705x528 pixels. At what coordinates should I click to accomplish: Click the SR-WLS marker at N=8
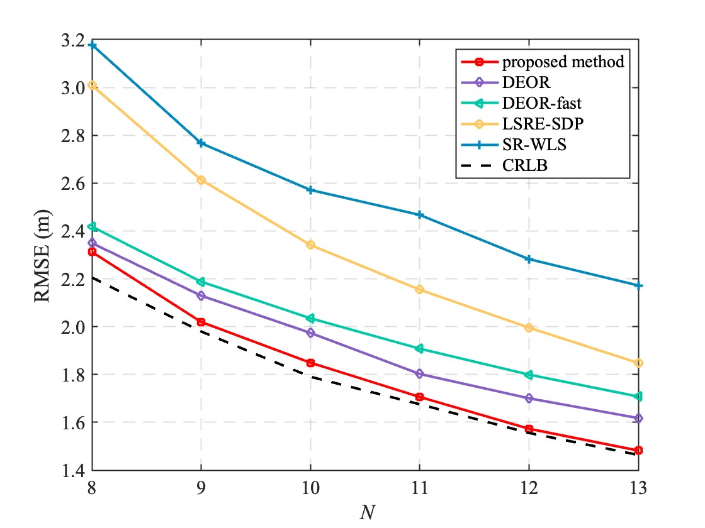point(93,45)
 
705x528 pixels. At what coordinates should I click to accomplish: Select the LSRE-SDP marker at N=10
point(310,245)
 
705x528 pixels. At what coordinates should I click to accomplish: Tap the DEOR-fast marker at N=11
point(419,348)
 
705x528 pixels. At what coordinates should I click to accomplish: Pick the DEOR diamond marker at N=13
point(638,418)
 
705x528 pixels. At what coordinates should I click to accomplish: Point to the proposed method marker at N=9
point(201,322)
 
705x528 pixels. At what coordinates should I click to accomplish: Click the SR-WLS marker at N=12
point(529,259)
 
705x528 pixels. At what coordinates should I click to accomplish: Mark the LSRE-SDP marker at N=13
point(638,363)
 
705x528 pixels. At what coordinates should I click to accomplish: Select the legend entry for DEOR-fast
point(536,103)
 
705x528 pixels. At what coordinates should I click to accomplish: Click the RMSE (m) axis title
point(43,256)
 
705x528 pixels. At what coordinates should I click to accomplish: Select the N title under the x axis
point(365,512)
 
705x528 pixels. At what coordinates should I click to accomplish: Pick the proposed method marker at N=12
point(529,429)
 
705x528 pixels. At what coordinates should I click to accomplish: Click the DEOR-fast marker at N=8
point(93,226)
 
